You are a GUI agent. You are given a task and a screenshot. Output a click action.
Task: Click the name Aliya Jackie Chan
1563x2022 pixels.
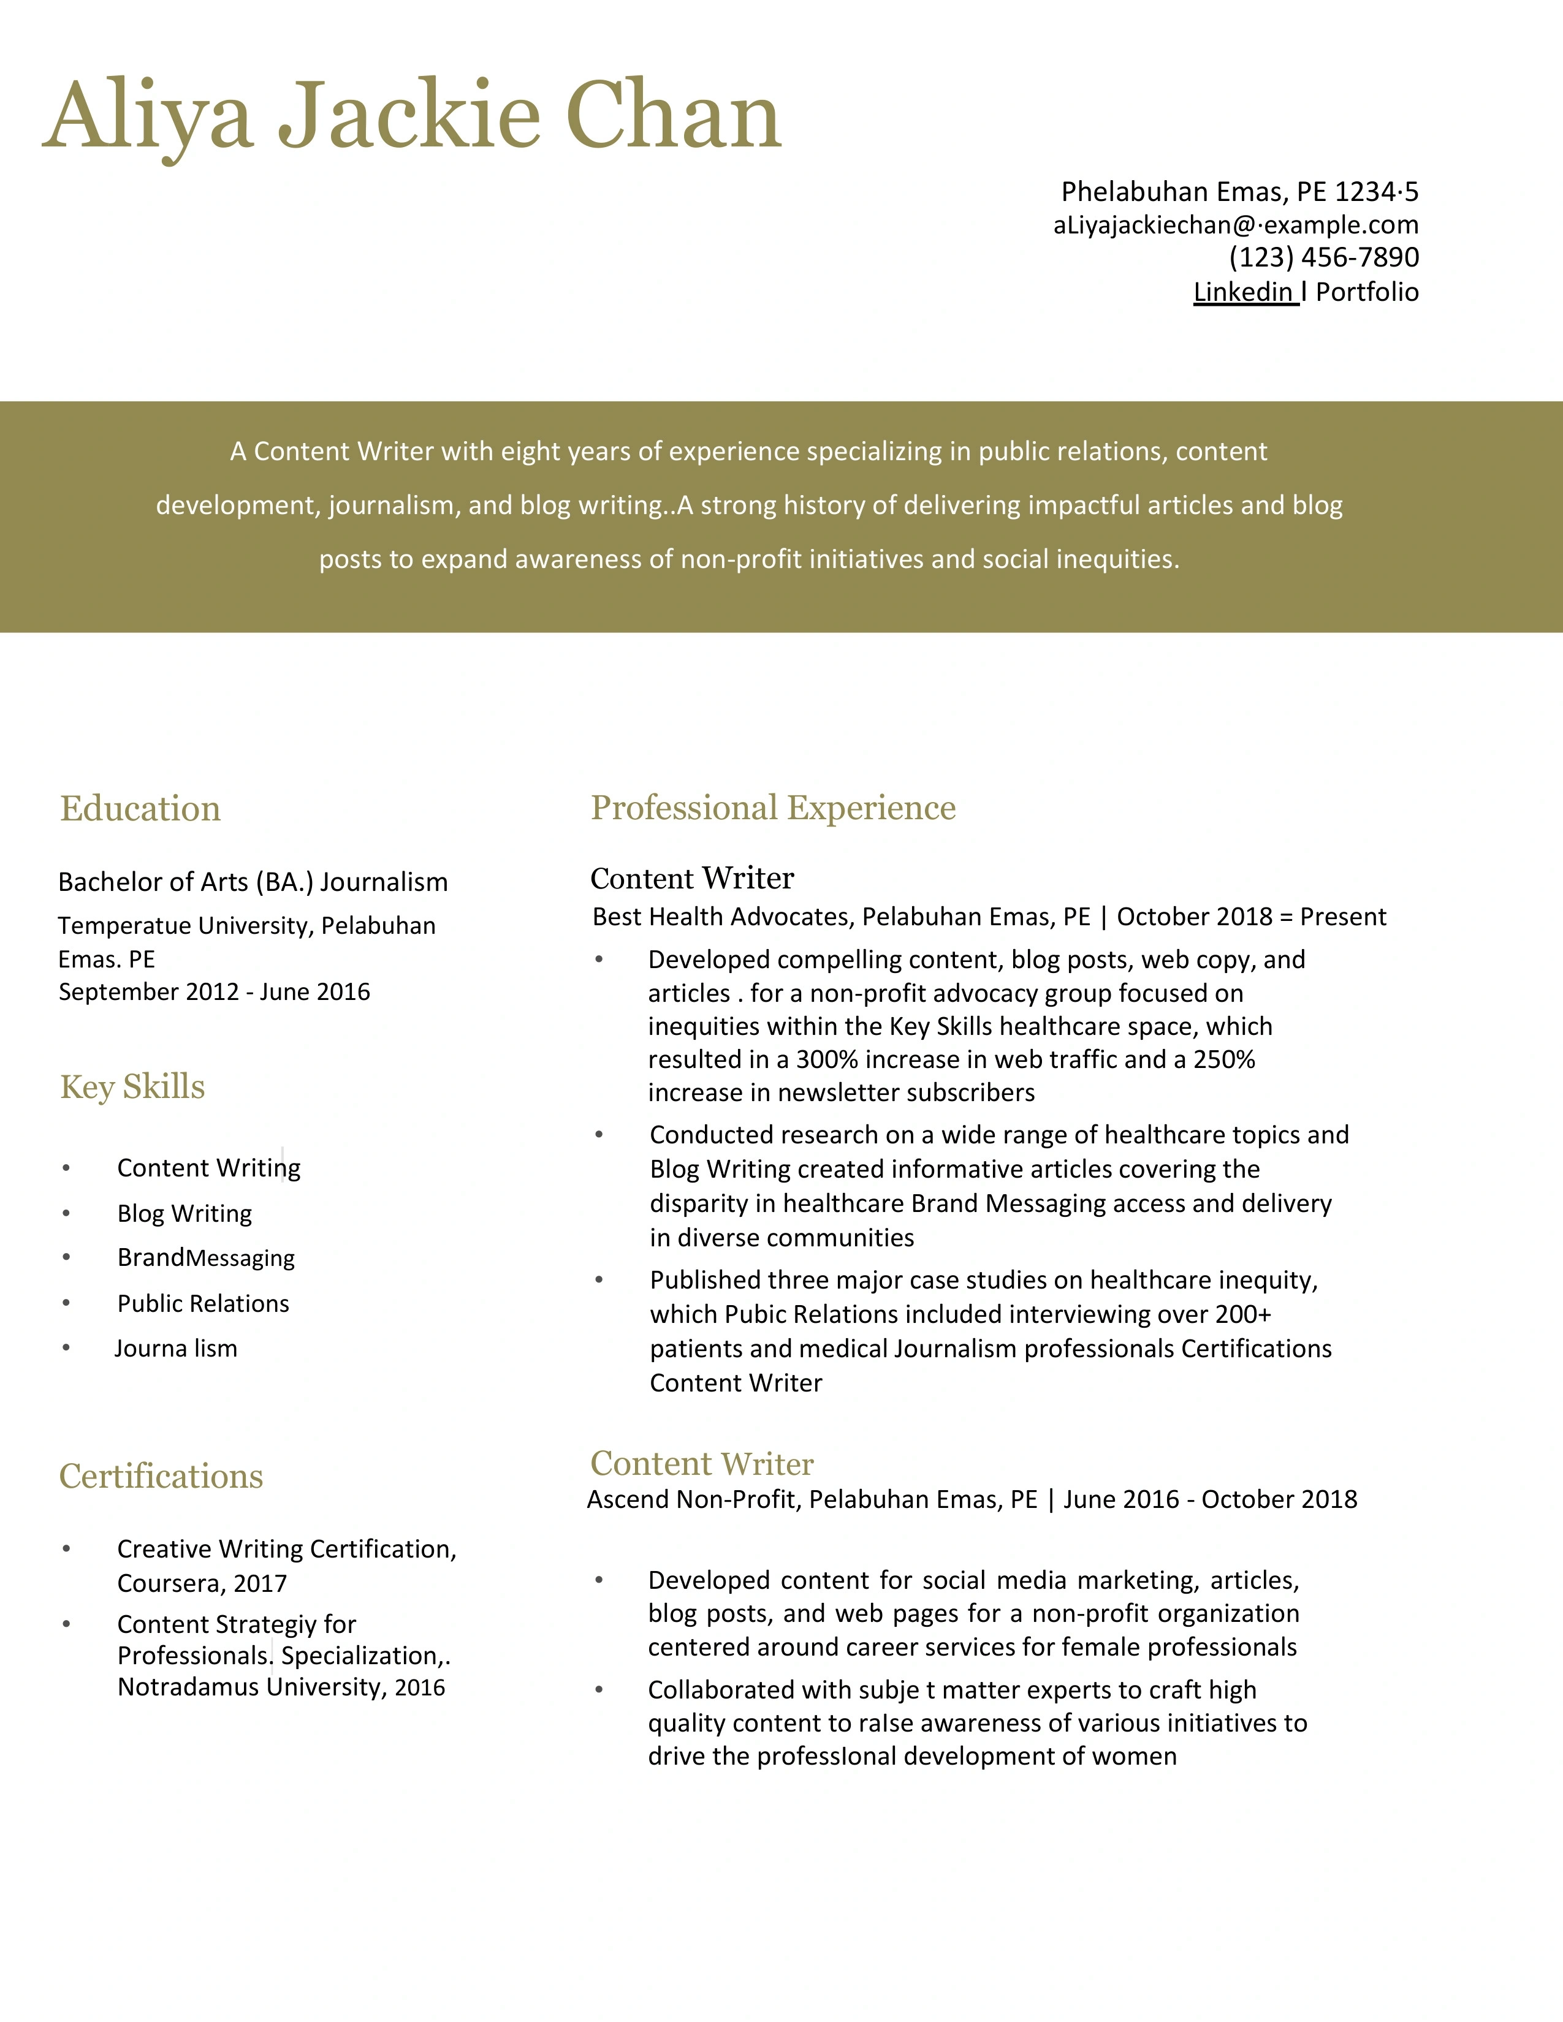click(412, 116)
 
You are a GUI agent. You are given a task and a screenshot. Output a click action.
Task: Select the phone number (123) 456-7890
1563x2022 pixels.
click(1323, 257)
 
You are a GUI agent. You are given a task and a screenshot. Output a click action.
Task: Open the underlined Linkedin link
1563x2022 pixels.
click(1244, 292)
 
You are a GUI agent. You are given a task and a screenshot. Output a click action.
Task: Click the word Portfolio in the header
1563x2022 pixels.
click(1367, 292)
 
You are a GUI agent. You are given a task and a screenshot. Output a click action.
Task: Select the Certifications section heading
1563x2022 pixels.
click(161, 1476)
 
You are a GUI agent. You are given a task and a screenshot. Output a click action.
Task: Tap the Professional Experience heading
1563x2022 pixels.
click(773, 808)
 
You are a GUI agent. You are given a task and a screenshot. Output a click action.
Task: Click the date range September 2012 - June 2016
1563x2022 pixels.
click(214, 991)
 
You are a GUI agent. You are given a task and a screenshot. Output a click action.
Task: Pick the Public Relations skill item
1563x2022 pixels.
click(203, 1303)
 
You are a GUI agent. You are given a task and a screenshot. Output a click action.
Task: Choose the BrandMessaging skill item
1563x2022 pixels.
click(205, 1257)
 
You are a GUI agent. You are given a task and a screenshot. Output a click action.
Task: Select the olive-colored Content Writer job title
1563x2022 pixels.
click(702, 1464)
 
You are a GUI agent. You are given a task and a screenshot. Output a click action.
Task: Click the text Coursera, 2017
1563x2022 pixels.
click(202, 1583)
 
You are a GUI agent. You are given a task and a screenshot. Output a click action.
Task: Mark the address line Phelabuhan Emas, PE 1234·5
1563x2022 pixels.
click(1239, 192)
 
